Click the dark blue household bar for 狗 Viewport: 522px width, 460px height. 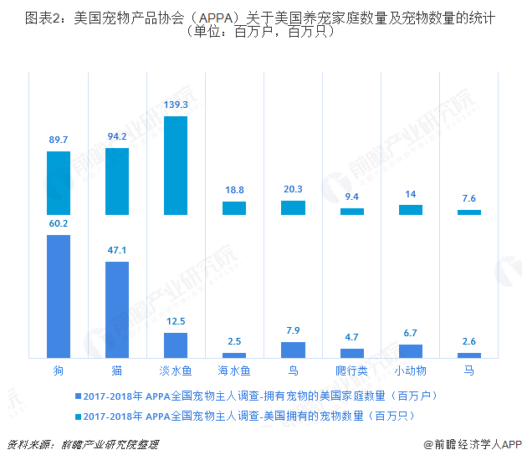pos(59,297)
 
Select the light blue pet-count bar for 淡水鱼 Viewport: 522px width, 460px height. pos(176,166)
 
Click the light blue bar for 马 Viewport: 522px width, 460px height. pos(469,212)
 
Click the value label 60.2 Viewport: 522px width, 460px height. pos(59,224)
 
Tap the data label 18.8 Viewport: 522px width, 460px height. pos(234,191)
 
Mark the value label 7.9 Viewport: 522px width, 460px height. pos(293,331)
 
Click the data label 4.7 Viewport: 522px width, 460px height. pos(352,338)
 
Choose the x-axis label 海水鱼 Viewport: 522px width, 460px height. pos(234,370)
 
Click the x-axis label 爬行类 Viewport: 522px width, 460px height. pos(352,370)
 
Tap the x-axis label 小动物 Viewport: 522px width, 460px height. pos(411,370)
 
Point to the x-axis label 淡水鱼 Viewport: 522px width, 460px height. pos(176,370)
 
